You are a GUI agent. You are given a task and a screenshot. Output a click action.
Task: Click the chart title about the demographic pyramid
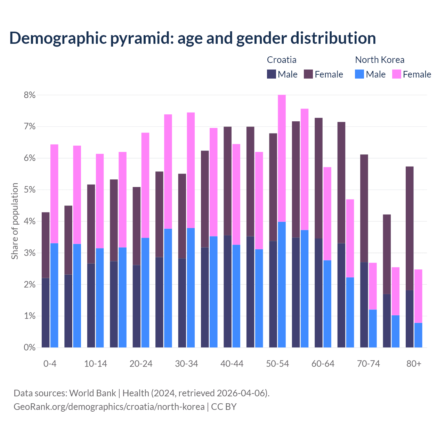193,38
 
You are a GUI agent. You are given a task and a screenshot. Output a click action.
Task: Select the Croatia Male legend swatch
272,74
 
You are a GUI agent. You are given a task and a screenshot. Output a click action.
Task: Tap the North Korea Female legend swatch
396,74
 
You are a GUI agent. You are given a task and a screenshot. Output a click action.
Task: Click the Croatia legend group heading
282,60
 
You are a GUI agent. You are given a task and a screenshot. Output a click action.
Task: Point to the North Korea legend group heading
380,60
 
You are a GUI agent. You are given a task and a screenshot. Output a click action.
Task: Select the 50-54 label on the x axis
277,364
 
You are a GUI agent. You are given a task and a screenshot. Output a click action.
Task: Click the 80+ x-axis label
414,364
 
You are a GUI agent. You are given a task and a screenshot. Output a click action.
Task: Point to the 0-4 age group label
50,364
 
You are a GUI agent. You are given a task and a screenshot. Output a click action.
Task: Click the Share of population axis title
15,221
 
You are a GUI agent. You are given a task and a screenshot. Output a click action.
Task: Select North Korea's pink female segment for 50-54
282,158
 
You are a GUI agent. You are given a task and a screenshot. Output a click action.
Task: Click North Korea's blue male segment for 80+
418,335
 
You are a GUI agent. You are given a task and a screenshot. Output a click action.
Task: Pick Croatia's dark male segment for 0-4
46,313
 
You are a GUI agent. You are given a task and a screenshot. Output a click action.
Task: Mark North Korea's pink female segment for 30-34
191,170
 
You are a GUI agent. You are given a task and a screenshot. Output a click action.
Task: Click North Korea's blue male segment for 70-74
373,329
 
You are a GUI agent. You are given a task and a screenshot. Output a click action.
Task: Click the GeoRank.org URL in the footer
109,406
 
